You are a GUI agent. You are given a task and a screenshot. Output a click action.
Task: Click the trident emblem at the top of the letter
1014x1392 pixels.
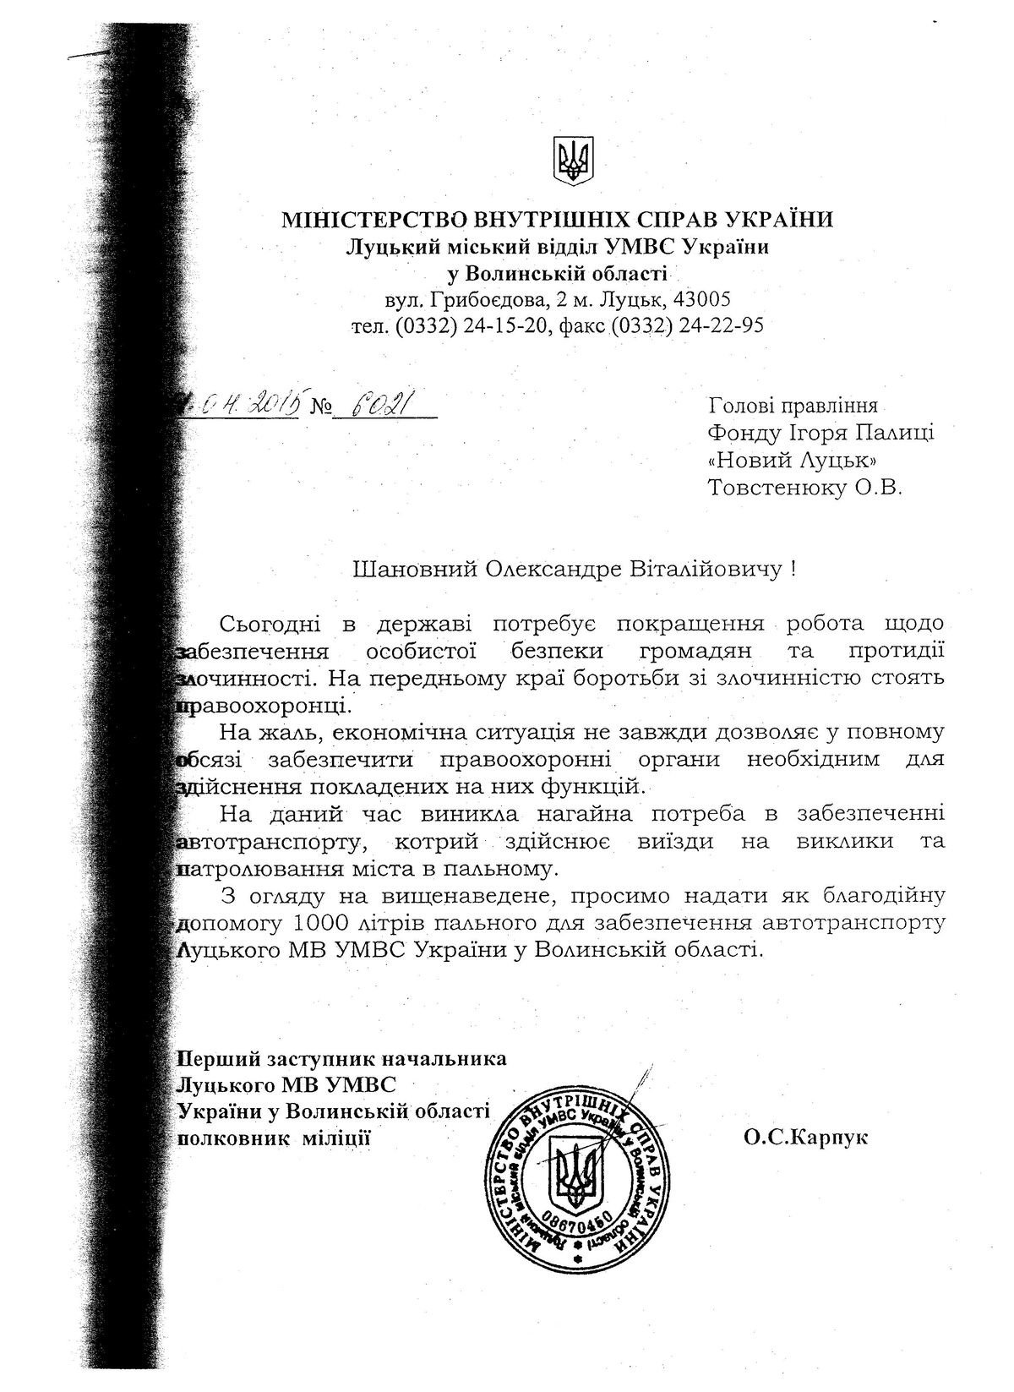[x=573, y=160]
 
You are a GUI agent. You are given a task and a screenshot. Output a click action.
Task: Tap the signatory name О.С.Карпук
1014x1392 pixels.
[x=806, y=1138]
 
